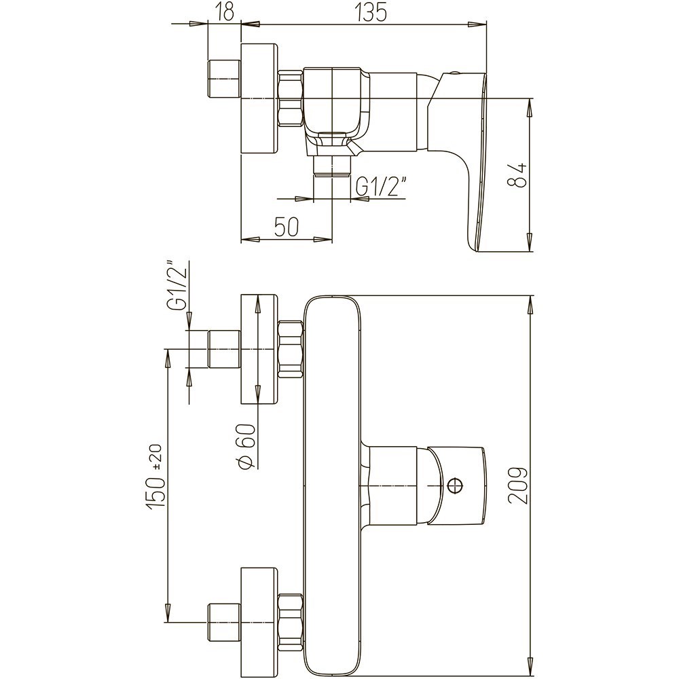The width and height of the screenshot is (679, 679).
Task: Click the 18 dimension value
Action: [224, 12]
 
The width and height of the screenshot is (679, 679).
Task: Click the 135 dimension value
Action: [371, 12]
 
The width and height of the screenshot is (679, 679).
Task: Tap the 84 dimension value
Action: [517, 175]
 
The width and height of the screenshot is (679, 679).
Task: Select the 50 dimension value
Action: [287, 227]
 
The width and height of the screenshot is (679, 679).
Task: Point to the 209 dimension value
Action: [518, 485]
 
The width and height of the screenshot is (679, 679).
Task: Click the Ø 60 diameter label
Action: [245, 446]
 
